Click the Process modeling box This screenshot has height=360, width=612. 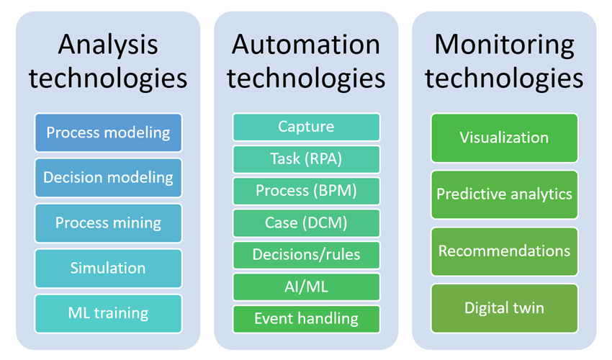(x=108, y=132)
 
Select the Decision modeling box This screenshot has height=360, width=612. (x=108, y=178)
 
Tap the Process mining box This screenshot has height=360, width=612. (x=108, y=223)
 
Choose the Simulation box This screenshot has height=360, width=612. (x=108, y=269)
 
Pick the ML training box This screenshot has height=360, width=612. (x=108, y=313)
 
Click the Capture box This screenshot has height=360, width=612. (x=307, y=127)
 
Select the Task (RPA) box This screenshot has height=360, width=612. (x=307, y=159)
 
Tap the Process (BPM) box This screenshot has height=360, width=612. (x=307, y=191)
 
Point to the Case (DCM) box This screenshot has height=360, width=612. (x=307, y=223)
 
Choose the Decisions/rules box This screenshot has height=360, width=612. (x=307, y=255)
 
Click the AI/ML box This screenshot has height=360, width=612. (x=307, y=287)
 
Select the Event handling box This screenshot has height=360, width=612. (x=307, y=319)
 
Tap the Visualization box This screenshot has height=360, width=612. (x=504, y=138)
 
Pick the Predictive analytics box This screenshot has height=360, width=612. (x=504, y=194)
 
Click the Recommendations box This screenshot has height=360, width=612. (x=504, y=251)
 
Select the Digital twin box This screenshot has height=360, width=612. (x=504, y=308)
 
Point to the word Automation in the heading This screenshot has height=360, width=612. (x=306, y=44)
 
